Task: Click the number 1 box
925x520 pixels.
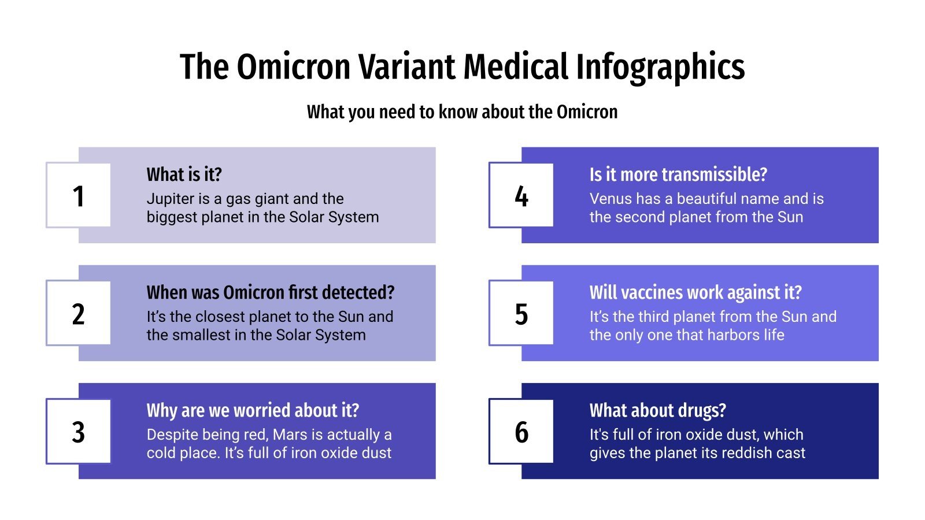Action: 78,195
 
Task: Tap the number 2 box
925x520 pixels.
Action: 78,313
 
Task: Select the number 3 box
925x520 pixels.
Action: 78,431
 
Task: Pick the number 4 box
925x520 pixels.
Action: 521,195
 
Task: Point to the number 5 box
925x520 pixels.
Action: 521,313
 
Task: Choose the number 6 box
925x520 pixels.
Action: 521,431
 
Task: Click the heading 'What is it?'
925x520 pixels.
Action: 184,174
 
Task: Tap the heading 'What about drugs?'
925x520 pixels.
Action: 657,410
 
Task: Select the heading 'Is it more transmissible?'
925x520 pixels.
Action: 678,174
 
